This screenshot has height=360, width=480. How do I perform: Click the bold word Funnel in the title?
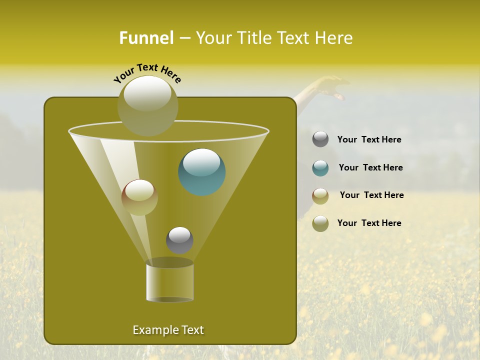click(x=146, y=38)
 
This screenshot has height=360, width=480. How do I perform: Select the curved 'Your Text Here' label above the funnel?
click(x=147, y=73)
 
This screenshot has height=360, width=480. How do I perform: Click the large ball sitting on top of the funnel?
click(x=147, y=105)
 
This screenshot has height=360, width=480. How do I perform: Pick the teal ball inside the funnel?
click(x=202, y=172)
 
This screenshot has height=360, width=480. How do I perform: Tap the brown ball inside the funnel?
click(x=139, y=197)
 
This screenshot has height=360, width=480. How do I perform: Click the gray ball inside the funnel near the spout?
click(x=179, y=240)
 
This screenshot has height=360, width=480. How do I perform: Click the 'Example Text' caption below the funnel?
click(x=168, y=330)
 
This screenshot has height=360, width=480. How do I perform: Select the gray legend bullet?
click(x=320, y=139)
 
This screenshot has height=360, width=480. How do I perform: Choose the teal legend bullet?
click(x=320, y=168)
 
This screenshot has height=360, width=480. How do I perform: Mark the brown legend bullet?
click(x=320, y=196)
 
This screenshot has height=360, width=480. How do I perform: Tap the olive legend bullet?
click(x=320, y=223)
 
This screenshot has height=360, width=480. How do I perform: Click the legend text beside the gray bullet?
click(x=369, y=140)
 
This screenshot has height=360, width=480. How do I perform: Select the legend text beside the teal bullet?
click(x=370, y=168)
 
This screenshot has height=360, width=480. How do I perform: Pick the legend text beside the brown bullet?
click(x=371, y=195)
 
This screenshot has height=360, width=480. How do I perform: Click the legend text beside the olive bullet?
click(x=369, y=223)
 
